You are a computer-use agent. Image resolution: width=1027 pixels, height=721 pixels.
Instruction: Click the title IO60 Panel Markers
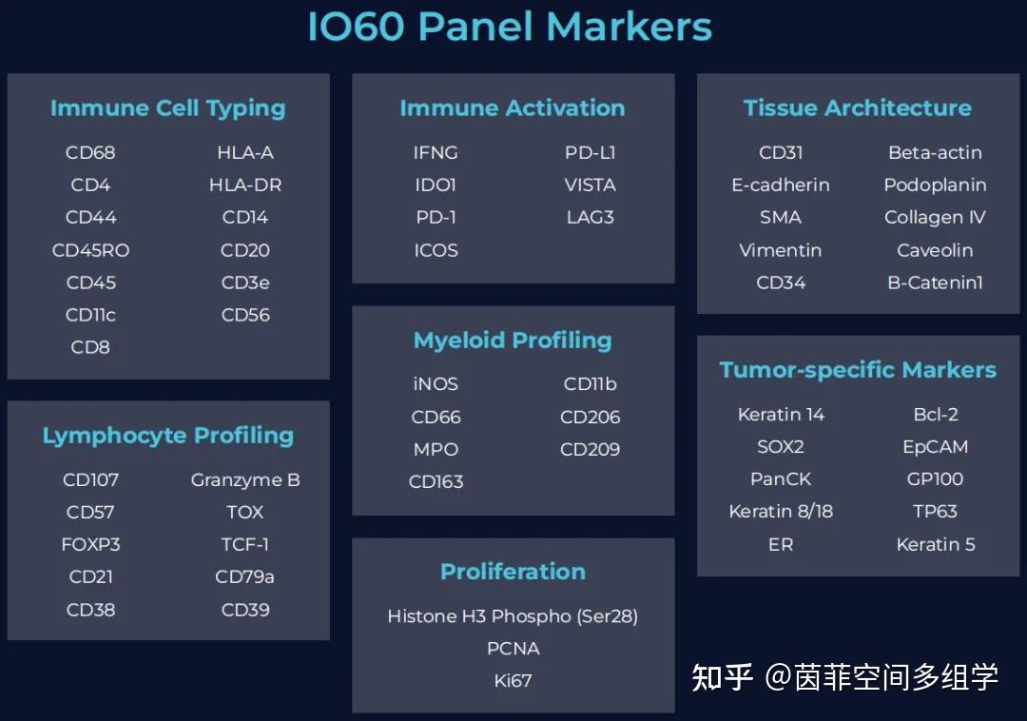510,27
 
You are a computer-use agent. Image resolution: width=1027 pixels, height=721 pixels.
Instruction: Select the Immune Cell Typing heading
167,108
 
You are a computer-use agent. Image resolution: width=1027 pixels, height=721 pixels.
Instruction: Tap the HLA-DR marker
245,185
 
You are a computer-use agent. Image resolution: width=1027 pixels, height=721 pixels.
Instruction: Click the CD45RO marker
90,250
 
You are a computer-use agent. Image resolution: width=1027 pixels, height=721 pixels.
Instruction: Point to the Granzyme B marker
245,479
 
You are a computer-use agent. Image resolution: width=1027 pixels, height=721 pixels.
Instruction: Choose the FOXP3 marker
90,544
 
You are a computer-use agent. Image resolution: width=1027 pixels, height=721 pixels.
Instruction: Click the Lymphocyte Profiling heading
167,436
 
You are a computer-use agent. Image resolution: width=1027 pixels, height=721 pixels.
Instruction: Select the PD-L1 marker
590,152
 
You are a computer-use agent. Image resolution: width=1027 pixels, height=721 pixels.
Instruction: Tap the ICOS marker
436,250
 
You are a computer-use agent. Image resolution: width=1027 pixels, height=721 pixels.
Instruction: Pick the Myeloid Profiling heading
513,341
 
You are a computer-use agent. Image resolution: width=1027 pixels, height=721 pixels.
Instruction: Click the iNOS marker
436,384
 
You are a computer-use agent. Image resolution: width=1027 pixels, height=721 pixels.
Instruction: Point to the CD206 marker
590,417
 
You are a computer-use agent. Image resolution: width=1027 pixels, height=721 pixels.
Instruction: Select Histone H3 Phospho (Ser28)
513,616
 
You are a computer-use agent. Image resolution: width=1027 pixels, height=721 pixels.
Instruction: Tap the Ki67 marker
513,681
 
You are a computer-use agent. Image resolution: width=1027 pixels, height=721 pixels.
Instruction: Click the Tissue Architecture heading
857,108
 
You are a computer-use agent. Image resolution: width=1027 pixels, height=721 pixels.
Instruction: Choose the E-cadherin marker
781,185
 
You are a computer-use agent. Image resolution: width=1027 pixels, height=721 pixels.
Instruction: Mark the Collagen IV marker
935,217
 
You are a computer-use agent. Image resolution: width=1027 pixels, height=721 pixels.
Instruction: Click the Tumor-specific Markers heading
857,370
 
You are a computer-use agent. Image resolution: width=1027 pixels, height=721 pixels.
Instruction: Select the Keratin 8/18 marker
781,511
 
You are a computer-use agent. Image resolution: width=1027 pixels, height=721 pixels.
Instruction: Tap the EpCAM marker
935,446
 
